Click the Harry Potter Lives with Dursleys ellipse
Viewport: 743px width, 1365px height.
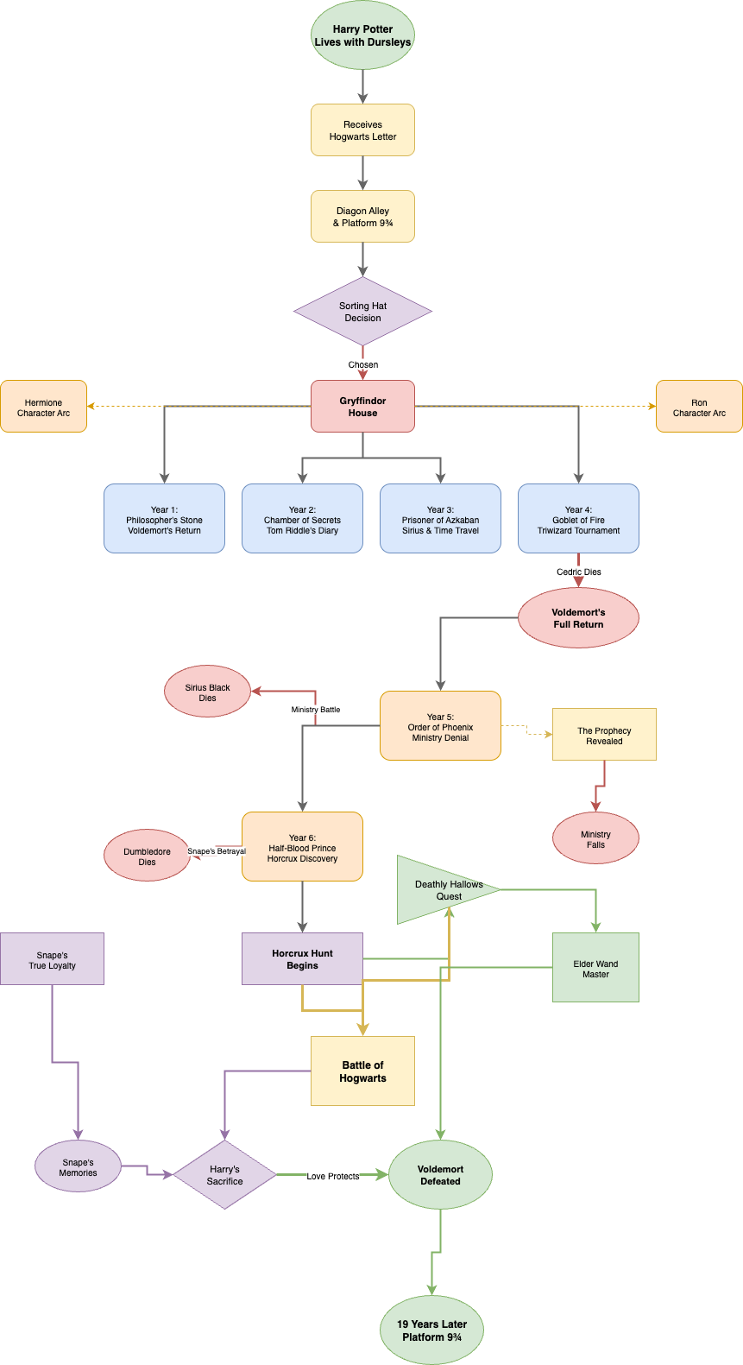(362, 35)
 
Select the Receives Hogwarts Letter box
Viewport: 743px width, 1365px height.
(362, 130)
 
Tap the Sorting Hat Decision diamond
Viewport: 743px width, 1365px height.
(362, 312)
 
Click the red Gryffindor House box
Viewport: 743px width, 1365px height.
(362, 407)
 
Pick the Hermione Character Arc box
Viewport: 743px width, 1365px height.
(43, 407)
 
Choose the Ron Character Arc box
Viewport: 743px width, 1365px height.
(699, 407)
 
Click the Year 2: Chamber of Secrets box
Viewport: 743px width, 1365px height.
(302, 519)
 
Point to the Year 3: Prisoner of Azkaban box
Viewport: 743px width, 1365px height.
(440, 519)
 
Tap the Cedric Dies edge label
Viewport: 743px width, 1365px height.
(578, 572)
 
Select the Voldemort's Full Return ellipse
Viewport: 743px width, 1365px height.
(578, 618)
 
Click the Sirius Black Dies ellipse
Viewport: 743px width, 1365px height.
(207, 692)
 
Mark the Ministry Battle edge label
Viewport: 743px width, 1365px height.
(315, 710)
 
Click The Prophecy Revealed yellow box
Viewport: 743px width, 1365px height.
(604, 735)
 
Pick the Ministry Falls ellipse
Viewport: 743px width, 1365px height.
(595, 838)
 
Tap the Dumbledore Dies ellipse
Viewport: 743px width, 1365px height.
(147, 856)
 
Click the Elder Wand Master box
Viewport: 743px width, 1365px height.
(595, 968)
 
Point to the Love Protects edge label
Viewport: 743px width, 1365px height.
(332, 1176)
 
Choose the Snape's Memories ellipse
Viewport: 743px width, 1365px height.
(78, 1166)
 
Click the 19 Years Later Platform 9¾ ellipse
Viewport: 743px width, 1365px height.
(431, 1330)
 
